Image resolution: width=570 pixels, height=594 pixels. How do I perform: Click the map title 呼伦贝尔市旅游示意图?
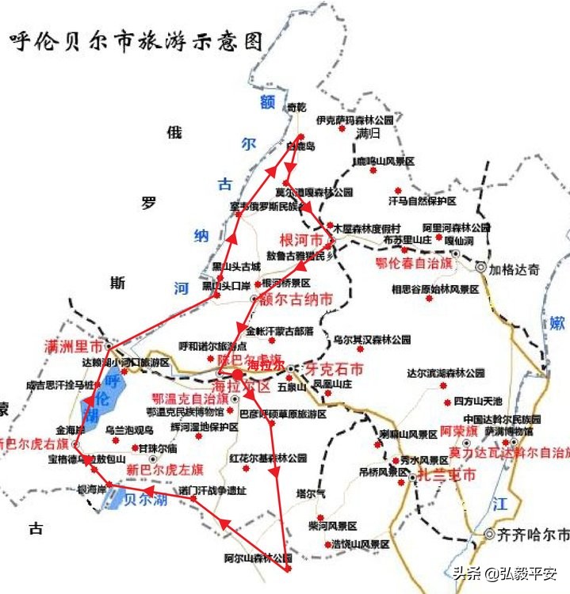[x=136, y=42]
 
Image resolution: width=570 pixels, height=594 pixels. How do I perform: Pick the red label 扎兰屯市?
[x=446, y=476]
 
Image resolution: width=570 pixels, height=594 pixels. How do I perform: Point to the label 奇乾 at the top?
[x=295, y=107]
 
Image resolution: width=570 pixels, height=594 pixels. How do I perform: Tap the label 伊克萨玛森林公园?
[x=354, y=120]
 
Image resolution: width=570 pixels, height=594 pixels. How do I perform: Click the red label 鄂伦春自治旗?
[x=414, y=262]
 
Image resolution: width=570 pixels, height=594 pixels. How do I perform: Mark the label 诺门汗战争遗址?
[x=212, y=489]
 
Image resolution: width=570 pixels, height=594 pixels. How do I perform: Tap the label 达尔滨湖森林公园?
[x=446, y=373]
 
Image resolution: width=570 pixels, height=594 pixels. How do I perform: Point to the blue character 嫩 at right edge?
[x=557, y=322]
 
